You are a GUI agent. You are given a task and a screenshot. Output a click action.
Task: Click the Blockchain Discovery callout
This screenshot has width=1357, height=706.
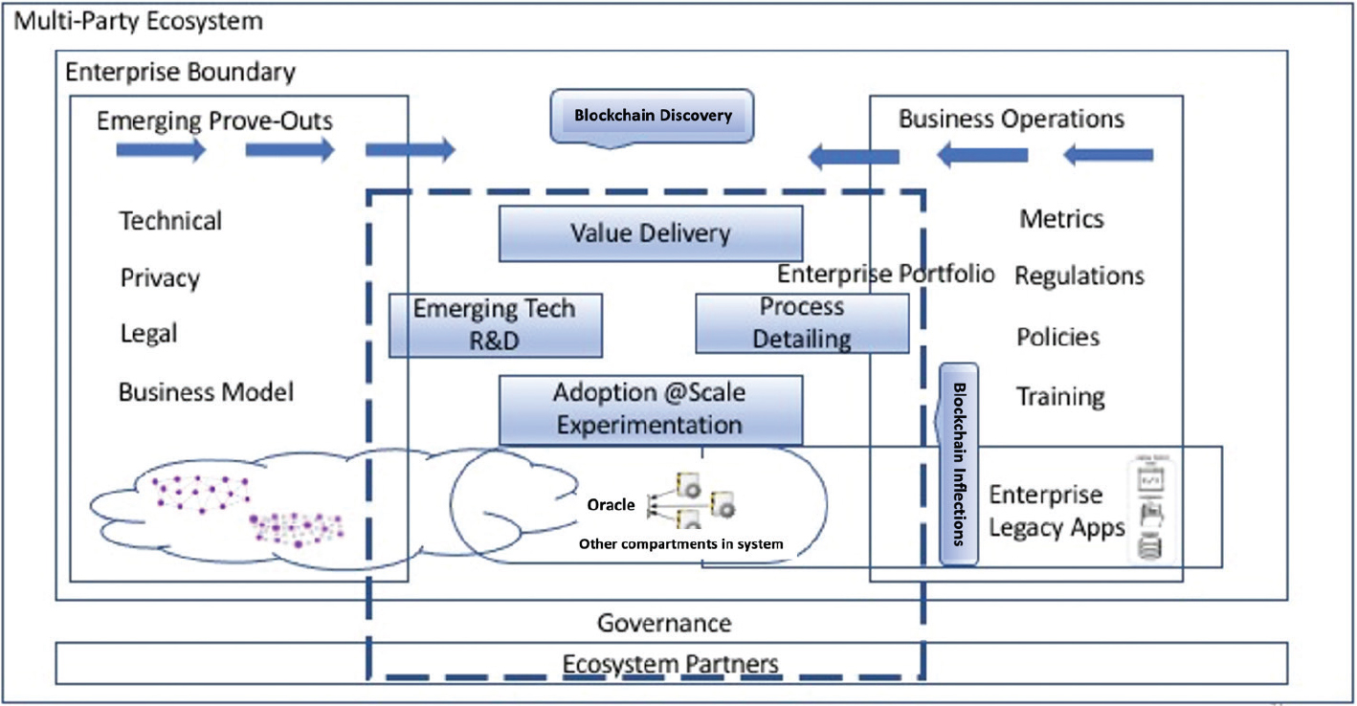[x=653, y=116]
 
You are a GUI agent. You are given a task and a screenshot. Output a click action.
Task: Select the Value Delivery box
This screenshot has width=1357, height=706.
[x=651, y=233]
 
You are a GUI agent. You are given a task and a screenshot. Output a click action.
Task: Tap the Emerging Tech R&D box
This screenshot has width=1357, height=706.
[x=495, y=325]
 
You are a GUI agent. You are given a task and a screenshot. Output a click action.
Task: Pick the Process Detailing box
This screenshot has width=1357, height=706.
[x=802, y=323]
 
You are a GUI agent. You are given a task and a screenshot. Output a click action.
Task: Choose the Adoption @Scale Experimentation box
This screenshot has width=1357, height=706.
[x=650, y=409]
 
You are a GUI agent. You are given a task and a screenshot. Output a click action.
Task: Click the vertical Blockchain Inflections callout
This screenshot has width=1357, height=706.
[x=959, y=463]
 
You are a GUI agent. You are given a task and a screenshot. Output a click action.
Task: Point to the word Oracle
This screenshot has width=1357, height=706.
[x=611, y=505]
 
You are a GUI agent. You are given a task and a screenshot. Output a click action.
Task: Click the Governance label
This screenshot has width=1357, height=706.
[x=664, y=624]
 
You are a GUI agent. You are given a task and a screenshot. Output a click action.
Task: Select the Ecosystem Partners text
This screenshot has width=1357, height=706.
[x=670, y=663]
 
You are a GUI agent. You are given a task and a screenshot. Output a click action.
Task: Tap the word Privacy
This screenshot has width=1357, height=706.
[x=160, y=278]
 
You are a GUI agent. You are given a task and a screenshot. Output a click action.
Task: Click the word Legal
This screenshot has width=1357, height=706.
[x=148, y=335]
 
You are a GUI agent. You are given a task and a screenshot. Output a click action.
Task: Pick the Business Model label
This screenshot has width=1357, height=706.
[x=206, y=392]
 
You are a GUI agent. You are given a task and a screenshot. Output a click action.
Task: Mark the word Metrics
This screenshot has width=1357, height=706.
[x=1061, y=219]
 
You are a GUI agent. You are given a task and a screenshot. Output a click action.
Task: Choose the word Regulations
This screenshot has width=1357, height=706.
[x=1079, y=276]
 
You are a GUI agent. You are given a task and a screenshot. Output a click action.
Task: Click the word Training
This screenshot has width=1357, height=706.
[x=1060, y=396]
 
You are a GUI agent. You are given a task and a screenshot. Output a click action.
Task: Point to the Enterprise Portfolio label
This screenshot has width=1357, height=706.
[x=885, y=275]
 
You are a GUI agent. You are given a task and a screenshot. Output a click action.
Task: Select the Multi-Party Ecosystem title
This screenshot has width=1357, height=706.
[x=138, y=20]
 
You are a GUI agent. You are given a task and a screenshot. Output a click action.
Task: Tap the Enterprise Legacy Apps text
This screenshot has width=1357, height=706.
[x=1057, y=511]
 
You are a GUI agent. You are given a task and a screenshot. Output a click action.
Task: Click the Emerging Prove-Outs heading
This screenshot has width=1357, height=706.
[x=215, y=121]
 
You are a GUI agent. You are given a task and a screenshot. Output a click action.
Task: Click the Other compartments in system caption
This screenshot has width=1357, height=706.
[x=680, y=543]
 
